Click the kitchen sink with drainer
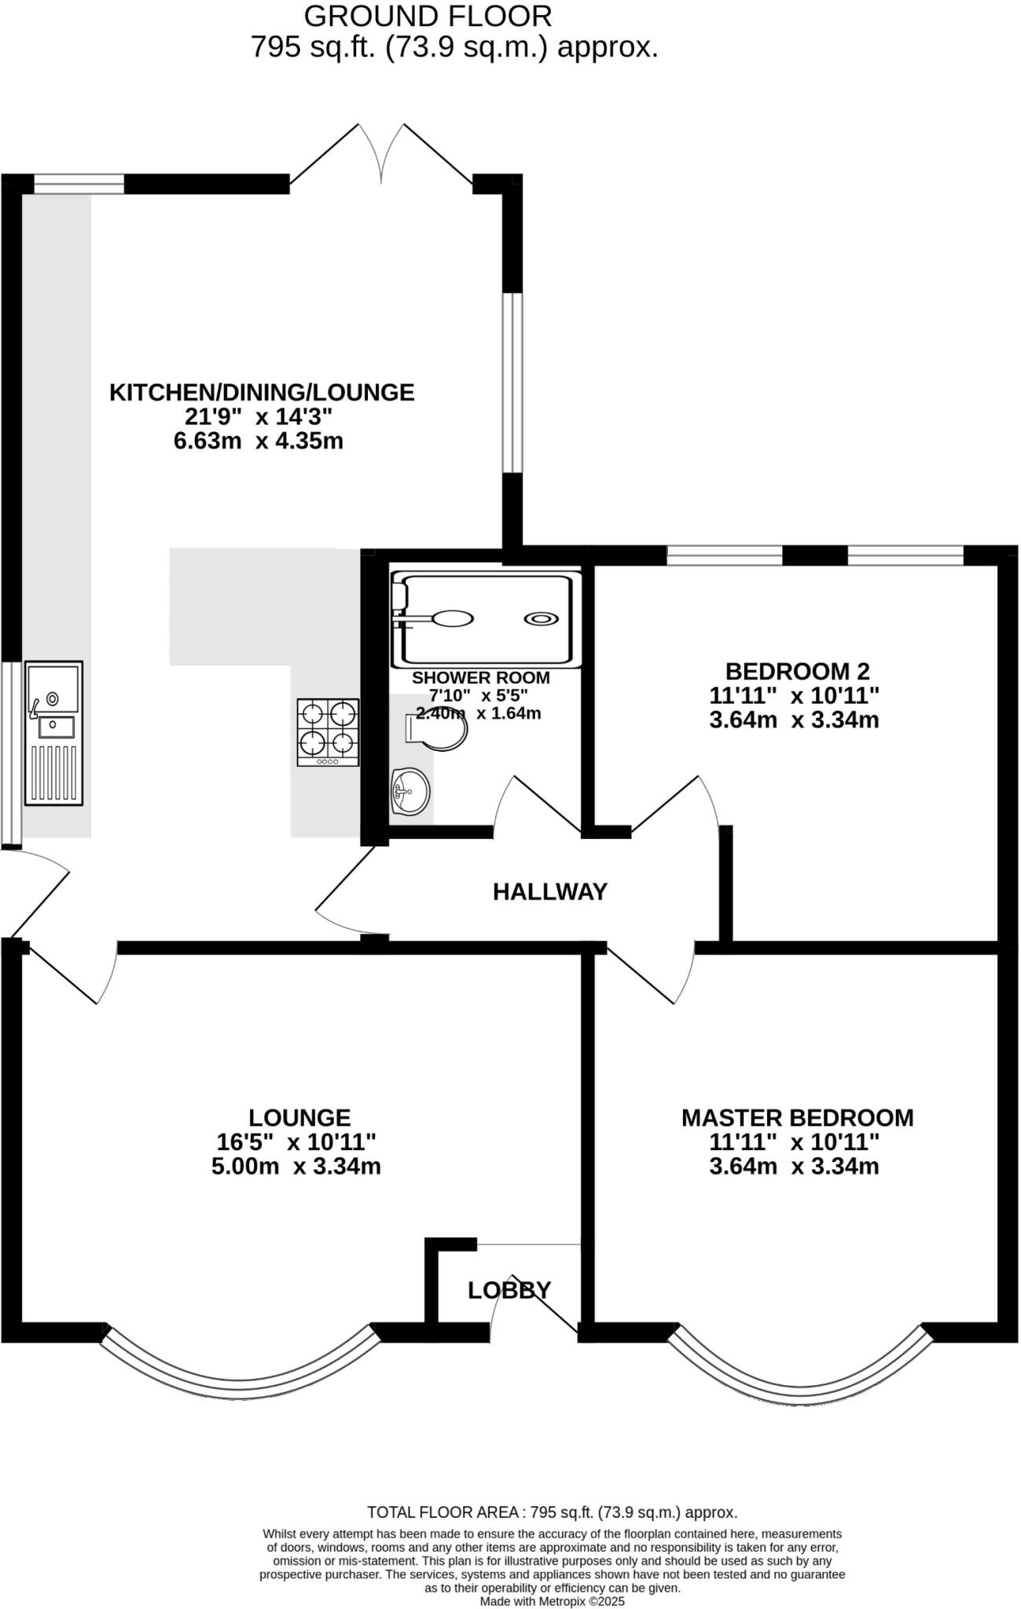53,732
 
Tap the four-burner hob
328,731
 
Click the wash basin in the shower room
410,790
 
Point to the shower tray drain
542,618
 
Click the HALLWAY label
550,892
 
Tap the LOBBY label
509,1290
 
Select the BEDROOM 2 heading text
798,672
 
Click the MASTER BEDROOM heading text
797,1118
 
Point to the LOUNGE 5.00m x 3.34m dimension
296,1167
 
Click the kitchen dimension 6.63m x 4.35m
259,441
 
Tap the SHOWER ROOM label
481,677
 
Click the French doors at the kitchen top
381,157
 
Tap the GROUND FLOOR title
428,16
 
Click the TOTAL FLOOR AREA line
553,1512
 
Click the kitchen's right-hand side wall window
512,383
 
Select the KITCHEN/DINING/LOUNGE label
262,392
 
